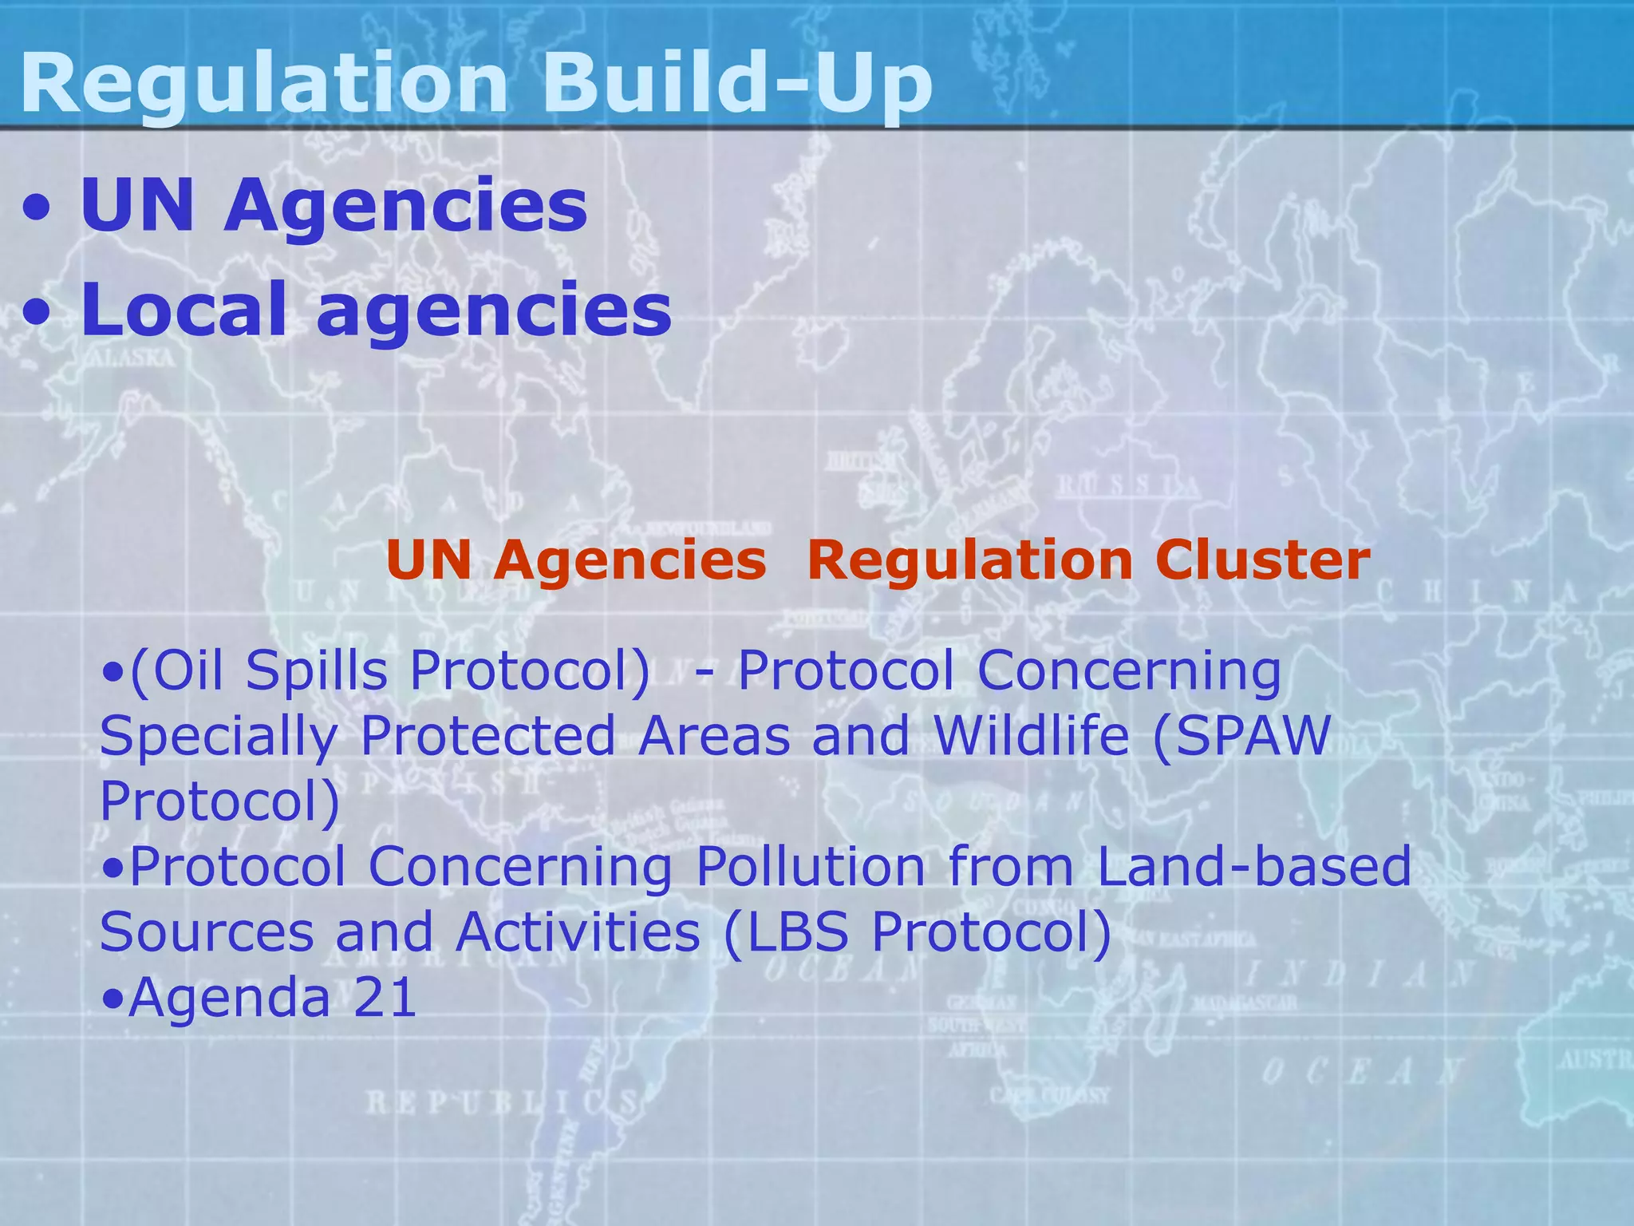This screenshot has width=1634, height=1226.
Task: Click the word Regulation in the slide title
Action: pyautogui.click(x=263, y=84)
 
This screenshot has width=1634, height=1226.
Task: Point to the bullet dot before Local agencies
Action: pyautogui.click(x=38, y=314)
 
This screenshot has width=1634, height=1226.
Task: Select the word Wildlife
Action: pyautogui.click(x=1031, y=735)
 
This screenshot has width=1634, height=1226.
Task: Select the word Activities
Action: pyautogui.click(x=577, y=931)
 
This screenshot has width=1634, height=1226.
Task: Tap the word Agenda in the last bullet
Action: pyautogui.click(x=229, y=997)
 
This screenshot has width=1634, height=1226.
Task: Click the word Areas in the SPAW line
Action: pyautogui.click(x=713, y=735)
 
